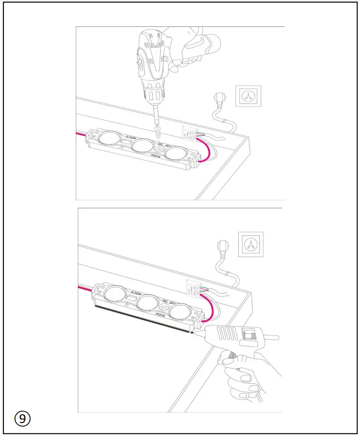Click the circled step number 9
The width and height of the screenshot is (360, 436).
[x=22, y=418]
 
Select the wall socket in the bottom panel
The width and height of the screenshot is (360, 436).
[x=251, y=245]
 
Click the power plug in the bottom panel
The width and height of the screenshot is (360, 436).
[x=222, y=248]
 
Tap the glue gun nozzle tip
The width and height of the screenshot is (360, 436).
[x=192, y=331]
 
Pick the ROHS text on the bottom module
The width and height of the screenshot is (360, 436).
[x=161, y=315]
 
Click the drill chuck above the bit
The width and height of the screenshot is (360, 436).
[x=156, y=103]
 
